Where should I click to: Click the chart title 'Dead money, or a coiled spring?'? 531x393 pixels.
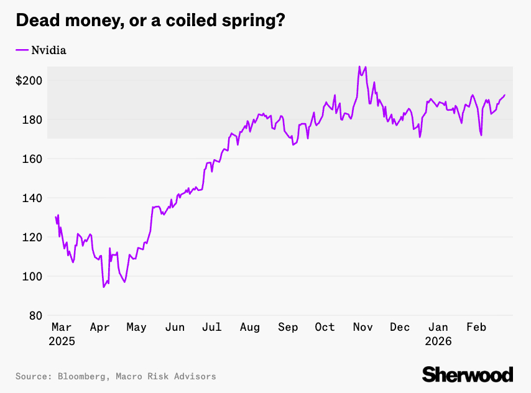(150, 20)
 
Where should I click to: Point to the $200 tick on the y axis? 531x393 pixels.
(29, 81)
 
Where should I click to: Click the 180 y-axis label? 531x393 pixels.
(32, 120)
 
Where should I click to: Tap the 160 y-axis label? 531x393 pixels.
(32, 159)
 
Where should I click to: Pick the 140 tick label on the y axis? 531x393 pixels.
(32, 198)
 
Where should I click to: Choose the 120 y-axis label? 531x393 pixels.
(32, 238)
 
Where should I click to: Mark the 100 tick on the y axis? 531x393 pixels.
(32, 277)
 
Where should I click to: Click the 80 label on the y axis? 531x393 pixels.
(35, 316)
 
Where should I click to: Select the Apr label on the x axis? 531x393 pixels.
(99, 328)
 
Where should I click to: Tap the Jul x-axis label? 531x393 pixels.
(212, 328)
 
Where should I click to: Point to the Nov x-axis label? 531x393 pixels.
(362, 328)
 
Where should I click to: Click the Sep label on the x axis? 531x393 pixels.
(288, 328)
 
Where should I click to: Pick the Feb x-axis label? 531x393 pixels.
(476, 328)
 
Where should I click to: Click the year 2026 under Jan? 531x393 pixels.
(439, 341)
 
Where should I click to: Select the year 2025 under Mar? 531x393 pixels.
(63, 341)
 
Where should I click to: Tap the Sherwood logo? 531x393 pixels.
(468, 374)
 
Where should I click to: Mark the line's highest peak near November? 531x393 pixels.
(359, 67)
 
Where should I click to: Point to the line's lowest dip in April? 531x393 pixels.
(104, 287)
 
